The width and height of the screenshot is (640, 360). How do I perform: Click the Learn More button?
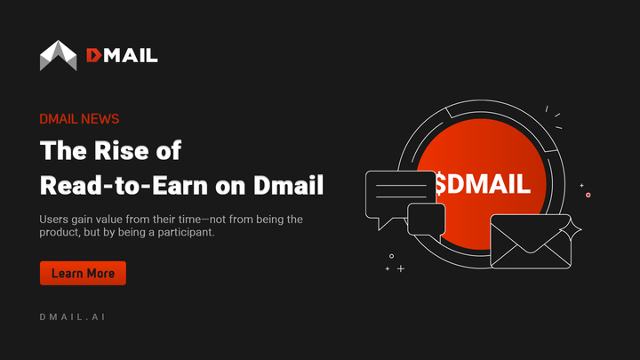tap(83, 273)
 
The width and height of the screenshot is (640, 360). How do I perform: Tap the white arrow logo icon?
tap(58, 55)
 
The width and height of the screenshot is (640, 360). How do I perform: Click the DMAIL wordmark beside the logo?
tap(122, 55)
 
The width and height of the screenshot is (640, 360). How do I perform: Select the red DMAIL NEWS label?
tap(79, 119)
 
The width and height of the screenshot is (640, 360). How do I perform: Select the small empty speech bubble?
tap(426, 220)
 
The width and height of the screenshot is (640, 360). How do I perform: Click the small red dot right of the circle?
tap(588, 195)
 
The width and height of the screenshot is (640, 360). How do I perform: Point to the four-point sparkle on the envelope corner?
tap(576, 228)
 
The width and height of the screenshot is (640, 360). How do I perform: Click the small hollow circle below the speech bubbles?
tap(391, 256)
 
